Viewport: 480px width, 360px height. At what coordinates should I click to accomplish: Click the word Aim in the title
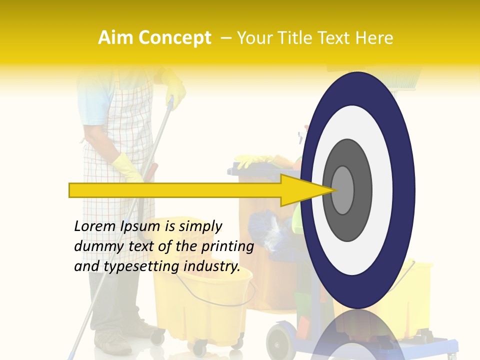point(116,38)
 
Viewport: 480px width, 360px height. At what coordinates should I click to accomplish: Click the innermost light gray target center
point(342,190)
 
